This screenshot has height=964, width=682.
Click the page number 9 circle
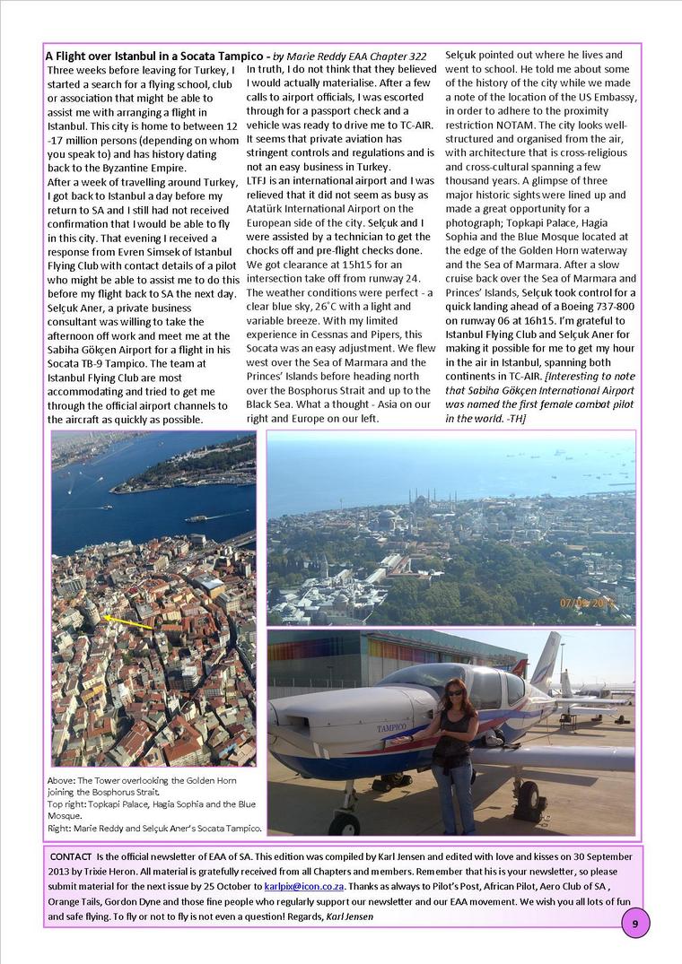[x=634, y=923]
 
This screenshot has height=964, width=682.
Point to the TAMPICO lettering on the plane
[x=392, y=728]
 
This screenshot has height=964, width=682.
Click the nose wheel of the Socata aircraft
[x=345, y=819]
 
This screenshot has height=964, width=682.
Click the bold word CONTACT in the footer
[x=70, y=856]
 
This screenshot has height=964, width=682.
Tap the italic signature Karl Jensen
[x=349, y=916]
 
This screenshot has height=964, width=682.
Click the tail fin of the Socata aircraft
[x=546, y=658]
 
